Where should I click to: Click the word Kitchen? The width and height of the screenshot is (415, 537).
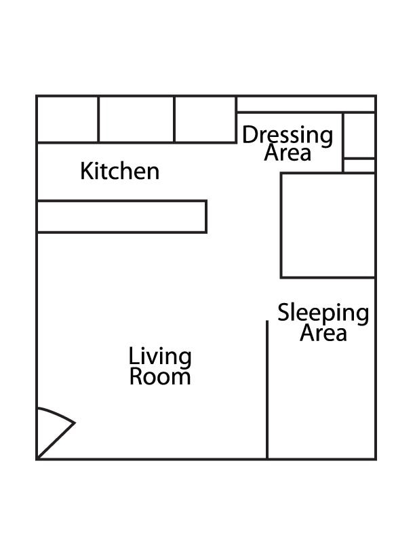pyautogui.click(x=120, y=172)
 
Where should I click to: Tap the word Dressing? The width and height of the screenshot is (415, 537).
pyautogui.click(x=288, y=135)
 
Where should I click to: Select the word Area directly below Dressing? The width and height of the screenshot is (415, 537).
pyautogui.click(x=288, y=153)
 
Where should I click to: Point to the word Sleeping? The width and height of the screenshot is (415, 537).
pyautogui.click(x=323, y=313)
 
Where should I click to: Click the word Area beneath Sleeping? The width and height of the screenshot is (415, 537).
pyautogui.click(x=323, y=333)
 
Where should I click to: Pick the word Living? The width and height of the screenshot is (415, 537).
pyautogui.click(x=160, y=357)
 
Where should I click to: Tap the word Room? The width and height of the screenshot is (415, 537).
pyautogui.click(x=160, y=376)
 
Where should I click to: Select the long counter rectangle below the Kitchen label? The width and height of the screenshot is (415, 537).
pyautogui.click(x=121, y=216)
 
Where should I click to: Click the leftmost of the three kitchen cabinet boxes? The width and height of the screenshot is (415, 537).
pyautogui.click(x=68, y=119)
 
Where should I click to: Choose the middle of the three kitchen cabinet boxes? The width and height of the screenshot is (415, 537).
pyautogui.click(x=136, y=119)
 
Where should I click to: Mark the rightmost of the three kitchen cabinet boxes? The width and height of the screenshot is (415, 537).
pyautogui.click(x=205, y=119)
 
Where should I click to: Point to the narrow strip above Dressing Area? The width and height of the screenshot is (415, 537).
pyautogui.click(x=306, y=104)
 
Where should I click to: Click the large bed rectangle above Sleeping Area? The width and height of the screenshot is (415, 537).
pyautogui.click(x=328, y=225)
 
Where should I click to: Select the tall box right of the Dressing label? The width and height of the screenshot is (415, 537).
pyautogui.click(x=359, y=135)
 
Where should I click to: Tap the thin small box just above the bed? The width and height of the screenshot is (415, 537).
pyautogui.click(x=359, y=165)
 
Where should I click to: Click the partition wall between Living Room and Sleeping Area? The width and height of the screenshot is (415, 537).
pyautogui.click(x=267, y=390)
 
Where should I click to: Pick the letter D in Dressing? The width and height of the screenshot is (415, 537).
pyautogui.click(x=249, y=135)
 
